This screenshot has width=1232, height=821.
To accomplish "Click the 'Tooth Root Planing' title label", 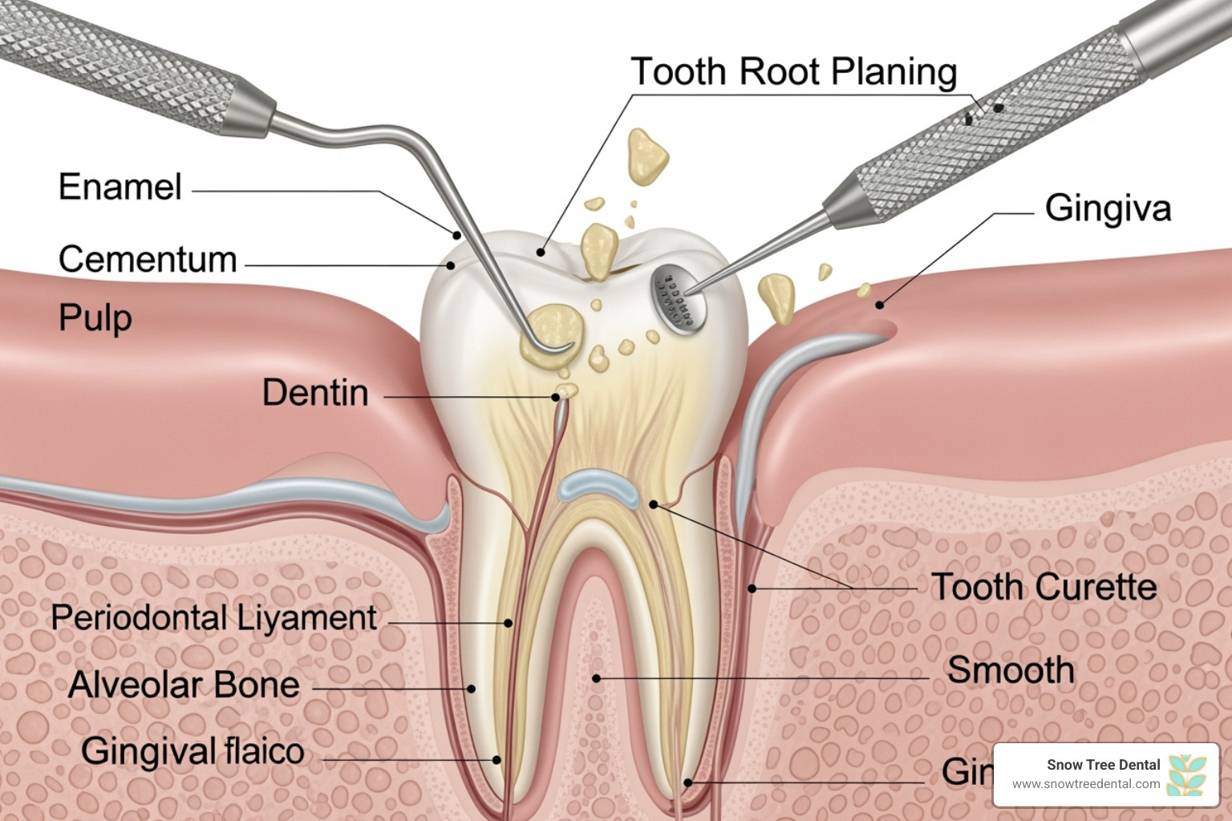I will pyautogui.click(x=793, y=71).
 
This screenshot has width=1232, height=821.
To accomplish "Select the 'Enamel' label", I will pyautogui.click(x=120, y=188).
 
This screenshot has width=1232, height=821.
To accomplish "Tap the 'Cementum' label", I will pyautogui.click(x=148, y=260).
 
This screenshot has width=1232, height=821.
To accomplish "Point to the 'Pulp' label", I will pyautogui.click(x=95, y=318).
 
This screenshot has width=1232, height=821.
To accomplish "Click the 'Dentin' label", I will pyautogui.click(x=315, y=393).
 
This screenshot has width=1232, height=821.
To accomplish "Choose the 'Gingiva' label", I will pyautogui.click(x=1108, y=208).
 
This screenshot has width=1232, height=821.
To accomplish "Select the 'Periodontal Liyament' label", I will pyautogui.click(x=213, y=618).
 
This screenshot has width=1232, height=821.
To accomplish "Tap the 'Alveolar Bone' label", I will pyautogui.click(x=184, y=686).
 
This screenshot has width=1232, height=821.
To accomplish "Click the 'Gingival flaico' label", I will pyautogui.click(x=192, y=752).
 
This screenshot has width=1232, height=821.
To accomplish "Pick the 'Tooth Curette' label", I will pyautogui.click(x=1044, y=588).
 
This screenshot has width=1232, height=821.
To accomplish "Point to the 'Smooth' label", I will pyautogui.click(x=1011, y=670).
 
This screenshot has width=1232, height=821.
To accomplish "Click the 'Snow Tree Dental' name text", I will pyautogui.click(x=1103, y=765).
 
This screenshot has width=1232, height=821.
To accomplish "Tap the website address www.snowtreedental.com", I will pyautogui.click(x=1086, y=784).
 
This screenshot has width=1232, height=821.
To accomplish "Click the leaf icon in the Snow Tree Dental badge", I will pyautogui.click(x=1187, y=774).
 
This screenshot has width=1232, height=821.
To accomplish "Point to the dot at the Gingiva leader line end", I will pyautogui.click(x=879, y=305).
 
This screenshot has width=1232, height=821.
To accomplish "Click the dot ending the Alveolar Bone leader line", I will pyautogui.click(x=472, y=689).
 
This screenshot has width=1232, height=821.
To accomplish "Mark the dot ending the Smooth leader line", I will pyautogui.click(x=596, y=678).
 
